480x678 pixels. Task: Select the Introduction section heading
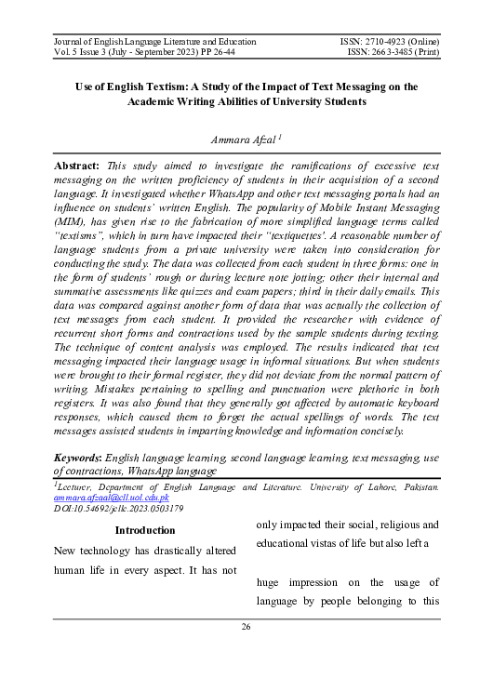(145, 530)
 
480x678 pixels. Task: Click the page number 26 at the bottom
(247, 627)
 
